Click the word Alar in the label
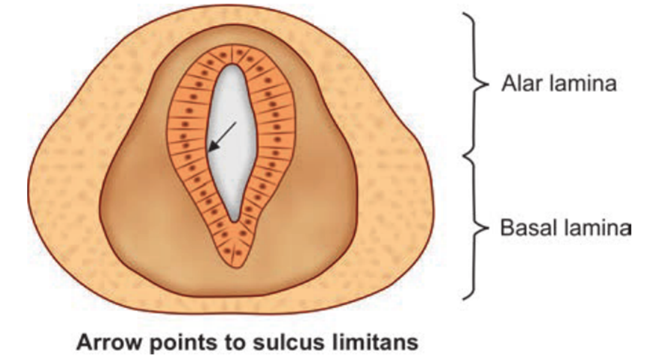pos(519,84)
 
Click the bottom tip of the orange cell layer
pos(237,265)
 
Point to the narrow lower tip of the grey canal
pos(235,218)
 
